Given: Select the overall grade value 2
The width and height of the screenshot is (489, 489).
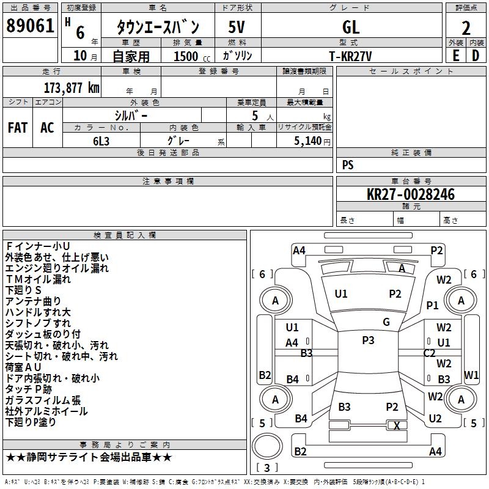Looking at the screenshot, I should tap(466, 28).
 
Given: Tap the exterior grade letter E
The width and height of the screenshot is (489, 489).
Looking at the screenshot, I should tap(455, 56).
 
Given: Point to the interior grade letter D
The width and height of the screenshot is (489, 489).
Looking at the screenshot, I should tap(476, 56).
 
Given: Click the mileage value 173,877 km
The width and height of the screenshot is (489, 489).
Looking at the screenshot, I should tap(72, 87).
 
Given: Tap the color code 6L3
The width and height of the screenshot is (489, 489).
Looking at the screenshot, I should tap(101, 140).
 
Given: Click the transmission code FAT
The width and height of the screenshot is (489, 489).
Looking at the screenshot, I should tap(17, 128).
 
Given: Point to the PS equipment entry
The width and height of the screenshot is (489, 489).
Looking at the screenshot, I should tap(348, 165).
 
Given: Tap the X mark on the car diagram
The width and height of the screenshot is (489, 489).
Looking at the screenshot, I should tap(397, 425).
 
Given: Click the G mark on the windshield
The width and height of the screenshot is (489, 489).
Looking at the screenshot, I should tap(386, 322).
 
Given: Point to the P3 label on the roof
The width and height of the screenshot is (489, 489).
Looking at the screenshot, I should tap(368, 340).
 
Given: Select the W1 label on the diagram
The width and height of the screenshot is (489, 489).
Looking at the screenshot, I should tap(471, 375).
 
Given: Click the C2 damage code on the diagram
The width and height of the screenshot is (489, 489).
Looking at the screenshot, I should tap(429, 353).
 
